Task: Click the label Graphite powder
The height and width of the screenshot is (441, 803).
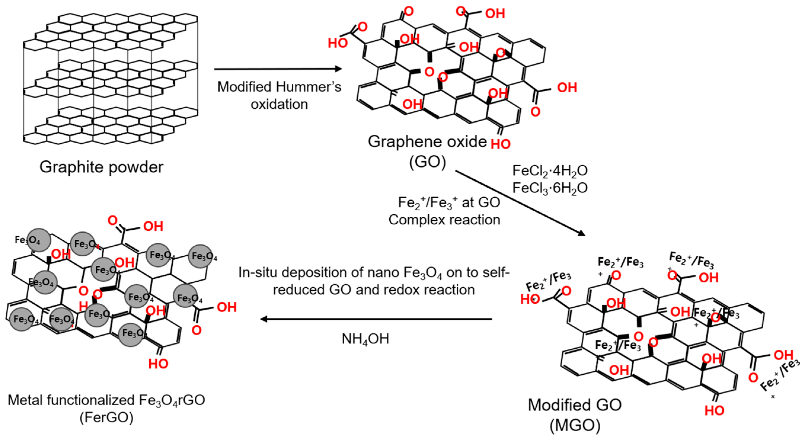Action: coord(101,167)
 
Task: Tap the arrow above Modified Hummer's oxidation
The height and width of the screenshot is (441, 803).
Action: coord(277,69)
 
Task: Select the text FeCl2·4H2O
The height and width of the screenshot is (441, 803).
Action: coord(550,171)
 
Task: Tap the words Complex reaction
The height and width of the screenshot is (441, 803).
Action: coord(444,220)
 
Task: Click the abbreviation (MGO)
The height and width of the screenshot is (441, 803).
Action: coord(575,426)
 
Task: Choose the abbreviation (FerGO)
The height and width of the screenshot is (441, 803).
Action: coord(106,418)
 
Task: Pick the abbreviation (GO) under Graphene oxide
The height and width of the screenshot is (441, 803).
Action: coord(427,162)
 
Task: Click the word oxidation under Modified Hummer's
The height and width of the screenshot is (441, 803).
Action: coord(279,104)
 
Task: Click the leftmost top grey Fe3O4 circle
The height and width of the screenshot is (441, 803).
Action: coord(38,240)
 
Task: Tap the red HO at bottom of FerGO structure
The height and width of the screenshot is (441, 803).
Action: coord(158,363)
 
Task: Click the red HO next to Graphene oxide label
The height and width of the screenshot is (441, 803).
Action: coord(500,144)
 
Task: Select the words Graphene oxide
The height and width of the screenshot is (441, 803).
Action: coord(427,142)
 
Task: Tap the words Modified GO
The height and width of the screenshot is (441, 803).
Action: coord(575,405)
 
